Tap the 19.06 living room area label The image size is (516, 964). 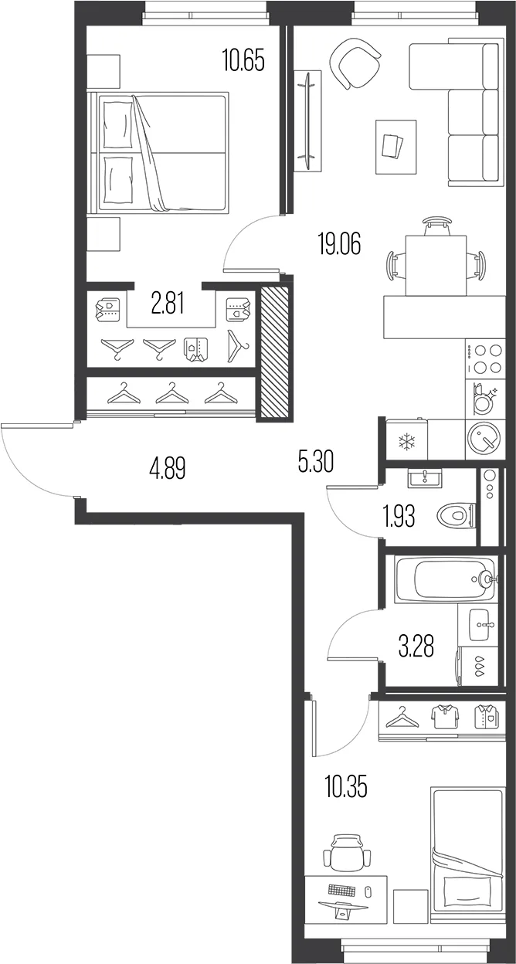pos(340,243)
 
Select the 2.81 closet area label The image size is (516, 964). pos(168,304)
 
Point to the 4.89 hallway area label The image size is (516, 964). pos(168,468)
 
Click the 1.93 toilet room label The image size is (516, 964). pos(399,516)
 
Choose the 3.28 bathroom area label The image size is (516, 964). pos(416,647)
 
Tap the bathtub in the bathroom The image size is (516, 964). pos(446,579)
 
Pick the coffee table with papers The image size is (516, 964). pos(396,147)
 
